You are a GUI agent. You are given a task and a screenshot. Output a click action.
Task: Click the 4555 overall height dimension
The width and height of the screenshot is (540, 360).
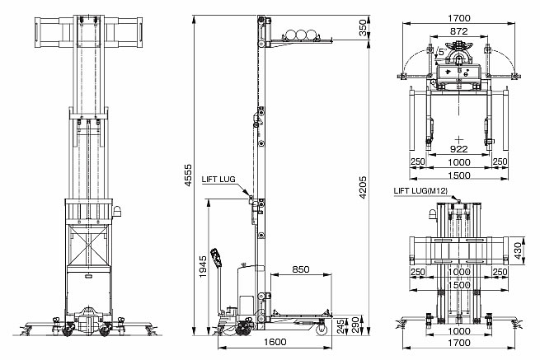click(x=188, y=175)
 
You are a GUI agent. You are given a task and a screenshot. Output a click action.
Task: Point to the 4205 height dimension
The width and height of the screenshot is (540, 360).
click(x=363, y=188)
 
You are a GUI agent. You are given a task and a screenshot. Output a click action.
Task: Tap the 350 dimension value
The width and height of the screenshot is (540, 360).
click(x=363, y=28)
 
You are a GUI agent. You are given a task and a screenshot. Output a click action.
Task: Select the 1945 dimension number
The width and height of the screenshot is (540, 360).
click(x=203, y=266)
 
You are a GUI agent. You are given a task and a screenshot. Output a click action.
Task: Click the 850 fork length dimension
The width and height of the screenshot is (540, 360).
click(x=301, y=269)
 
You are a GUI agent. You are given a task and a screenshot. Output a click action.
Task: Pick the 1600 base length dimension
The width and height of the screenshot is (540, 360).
click(x=275, y=342)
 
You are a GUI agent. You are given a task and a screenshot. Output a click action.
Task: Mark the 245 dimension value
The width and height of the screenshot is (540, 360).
click(x=340, y=326)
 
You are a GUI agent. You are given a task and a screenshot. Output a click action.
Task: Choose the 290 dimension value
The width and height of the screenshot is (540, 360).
click(x=355, y=325)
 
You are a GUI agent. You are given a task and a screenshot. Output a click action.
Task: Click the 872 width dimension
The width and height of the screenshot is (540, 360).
click(x=459, y=31)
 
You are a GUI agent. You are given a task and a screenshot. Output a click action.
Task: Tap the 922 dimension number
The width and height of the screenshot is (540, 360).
click(x=459, y=149)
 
